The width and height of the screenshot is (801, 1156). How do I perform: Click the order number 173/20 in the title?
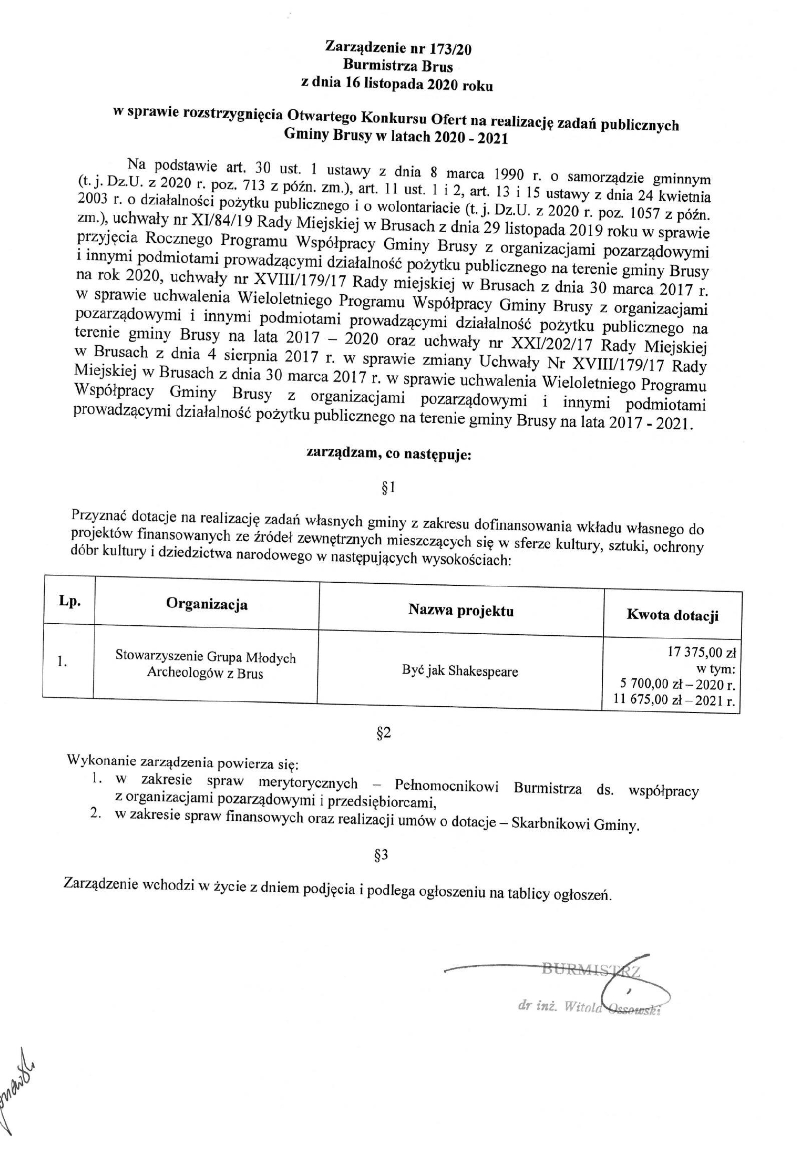pos(450,49)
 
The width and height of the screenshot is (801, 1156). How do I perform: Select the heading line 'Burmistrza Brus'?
pos(398,66)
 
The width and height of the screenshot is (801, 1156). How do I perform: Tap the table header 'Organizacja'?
pos(207,604)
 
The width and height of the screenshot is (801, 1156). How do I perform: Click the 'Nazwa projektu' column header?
pos(461,610)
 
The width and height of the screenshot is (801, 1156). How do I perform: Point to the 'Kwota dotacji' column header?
pos(672,615)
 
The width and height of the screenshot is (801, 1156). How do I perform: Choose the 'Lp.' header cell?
pos(69,602)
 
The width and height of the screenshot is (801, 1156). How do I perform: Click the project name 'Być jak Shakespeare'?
pos(459,671)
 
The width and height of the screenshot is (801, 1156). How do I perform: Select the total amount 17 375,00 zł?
pos(701,653)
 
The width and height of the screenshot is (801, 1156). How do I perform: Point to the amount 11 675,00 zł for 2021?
pos(644,700)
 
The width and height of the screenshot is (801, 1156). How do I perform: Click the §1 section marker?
pos(387,489)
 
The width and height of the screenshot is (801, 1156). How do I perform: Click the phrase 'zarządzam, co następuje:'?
pos(389,455)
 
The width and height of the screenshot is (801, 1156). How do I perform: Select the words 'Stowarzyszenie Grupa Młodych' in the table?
pos(206,657)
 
